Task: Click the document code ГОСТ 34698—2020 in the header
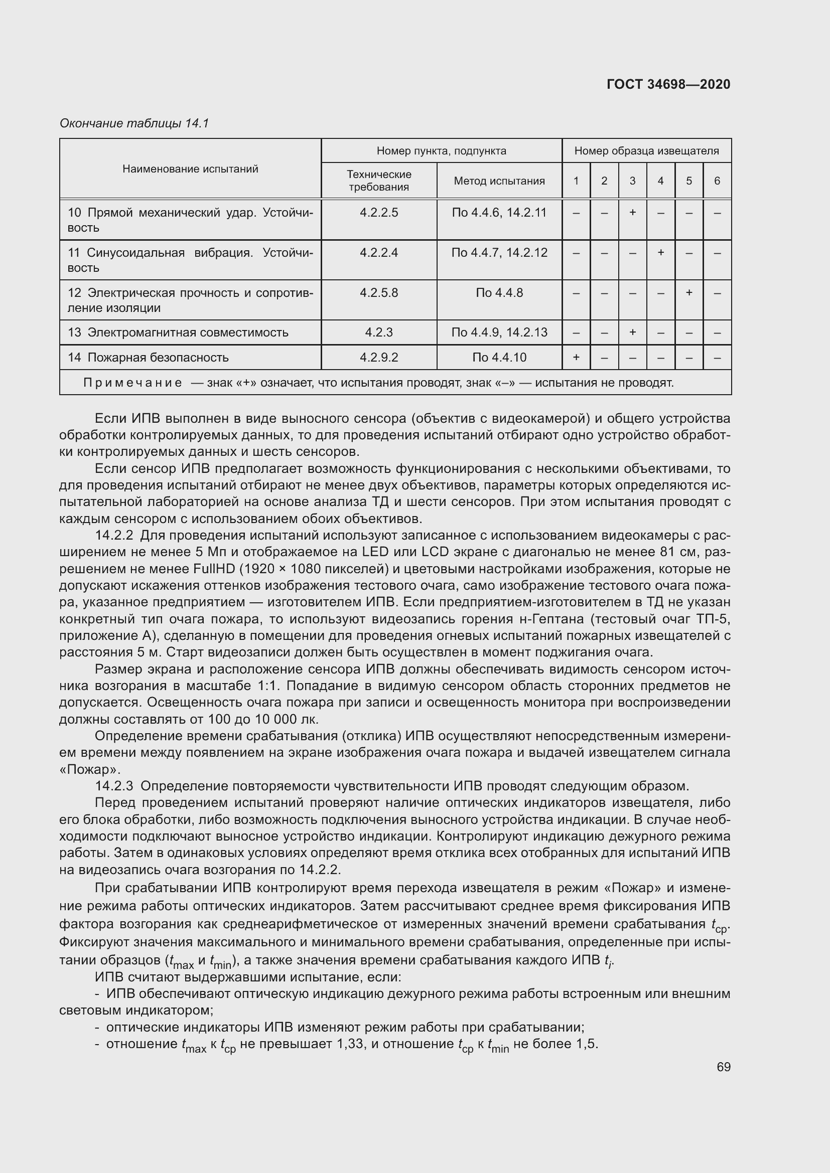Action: click(668, 84)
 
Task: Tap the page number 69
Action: click(723, 1067)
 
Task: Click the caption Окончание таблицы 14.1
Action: click(134, 123)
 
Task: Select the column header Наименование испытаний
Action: click(190, 169)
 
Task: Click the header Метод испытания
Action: click(499, 181)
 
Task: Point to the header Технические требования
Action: click(379, 181)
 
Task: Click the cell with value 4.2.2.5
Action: click(379, 213)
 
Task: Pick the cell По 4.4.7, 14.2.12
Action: click(499, 252)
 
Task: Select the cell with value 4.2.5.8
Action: click(379, 293)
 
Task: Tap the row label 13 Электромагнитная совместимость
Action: click(178, 332)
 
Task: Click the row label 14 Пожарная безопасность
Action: click(148, 358)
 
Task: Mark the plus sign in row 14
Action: click(576, 358)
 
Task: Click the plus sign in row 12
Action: click(689, 293)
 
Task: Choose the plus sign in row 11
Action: click(660, 252)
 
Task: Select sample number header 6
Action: click(717, 181)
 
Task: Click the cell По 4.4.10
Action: click(499, 358)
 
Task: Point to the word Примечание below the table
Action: click(132, 383)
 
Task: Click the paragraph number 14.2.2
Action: click(113, 536)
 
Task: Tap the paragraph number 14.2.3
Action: click(113, 786)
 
